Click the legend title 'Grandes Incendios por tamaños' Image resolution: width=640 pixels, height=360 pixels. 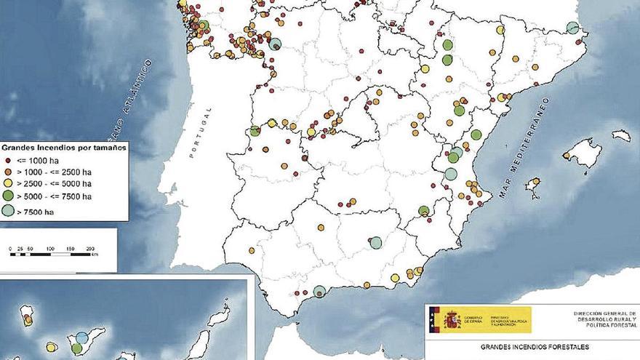point(64,146)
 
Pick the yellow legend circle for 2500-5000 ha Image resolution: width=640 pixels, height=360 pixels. point(8,184)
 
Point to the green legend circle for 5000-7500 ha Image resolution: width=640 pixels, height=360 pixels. point(8,196)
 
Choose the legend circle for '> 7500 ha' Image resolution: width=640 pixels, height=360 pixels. point(8,211)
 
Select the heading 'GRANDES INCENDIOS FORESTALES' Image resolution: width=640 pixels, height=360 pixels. point(534,348)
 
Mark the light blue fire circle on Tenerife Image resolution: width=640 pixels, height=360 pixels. point(82,337)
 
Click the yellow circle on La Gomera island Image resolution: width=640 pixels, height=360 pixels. point(52,347)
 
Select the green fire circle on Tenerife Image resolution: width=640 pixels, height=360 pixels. point(76,348)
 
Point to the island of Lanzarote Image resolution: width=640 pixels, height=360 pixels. point(217,316)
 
